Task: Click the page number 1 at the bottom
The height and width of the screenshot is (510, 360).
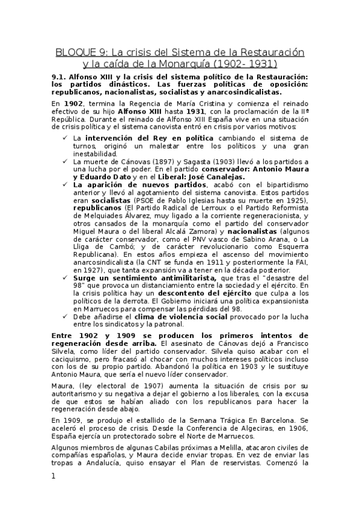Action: point(53,476)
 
